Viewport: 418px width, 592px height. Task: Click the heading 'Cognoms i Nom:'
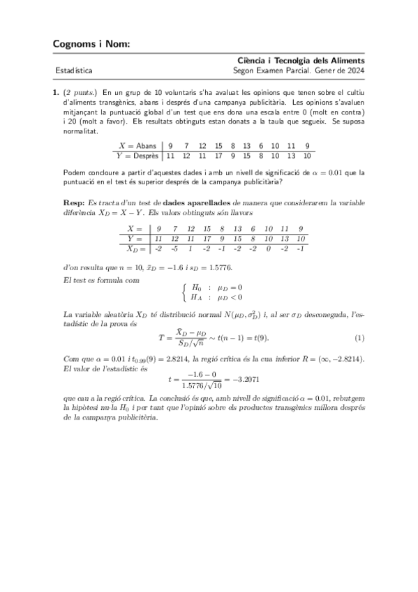[x=91, y=45]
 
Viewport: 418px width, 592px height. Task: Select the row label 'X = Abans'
[x=137, y=145]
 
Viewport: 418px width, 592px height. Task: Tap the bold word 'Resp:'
[x=74, y=201]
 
